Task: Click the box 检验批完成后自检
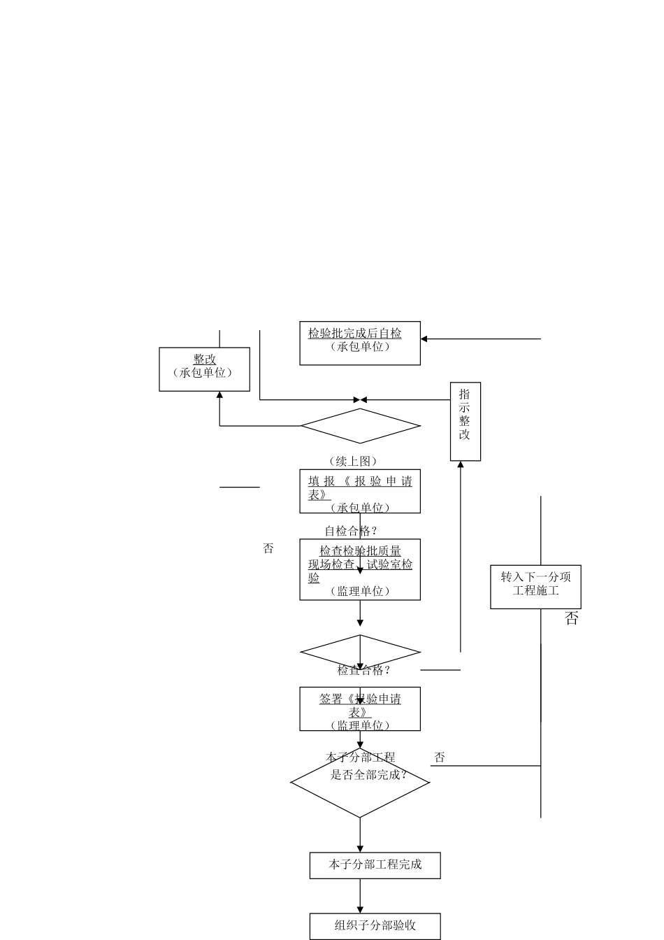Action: coord(360,343)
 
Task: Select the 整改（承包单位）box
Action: coord(204,369)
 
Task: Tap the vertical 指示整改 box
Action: coord(465,421)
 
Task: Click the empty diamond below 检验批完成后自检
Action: coord(360,426)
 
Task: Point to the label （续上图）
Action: coord(353,461)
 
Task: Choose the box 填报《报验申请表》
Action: coord(360,491)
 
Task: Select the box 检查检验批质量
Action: coord(360,569)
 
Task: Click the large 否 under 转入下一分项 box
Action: coord(572,619)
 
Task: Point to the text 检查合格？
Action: coord(363,670)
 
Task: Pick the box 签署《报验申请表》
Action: coord(360,708)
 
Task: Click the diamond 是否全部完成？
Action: coord(360,783)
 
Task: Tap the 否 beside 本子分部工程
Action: coord(439,757)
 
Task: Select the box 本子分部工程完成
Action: coord(375,865)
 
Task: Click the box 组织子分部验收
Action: coord(375,926)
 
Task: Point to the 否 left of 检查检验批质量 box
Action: coord(268,549)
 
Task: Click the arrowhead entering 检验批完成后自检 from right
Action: coord(424,339)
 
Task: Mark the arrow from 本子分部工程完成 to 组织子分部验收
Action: coord(361,896)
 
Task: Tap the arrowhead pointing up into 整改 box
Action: coord(219,396)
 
